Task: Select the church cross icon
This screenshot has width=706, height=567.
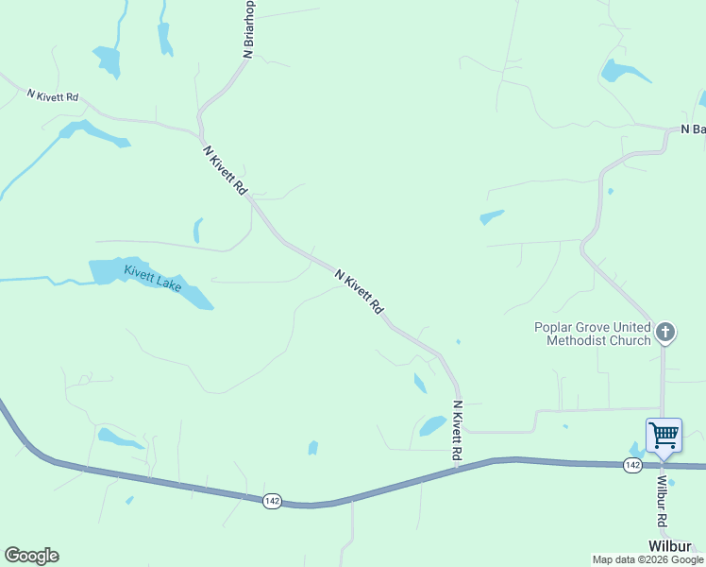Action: click(x=665, y=332)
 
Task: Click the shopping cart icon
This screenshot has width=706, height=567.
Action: click(x=664, y=435)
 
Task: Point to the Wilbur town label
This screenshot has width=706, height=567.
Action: click(x=669, y=546)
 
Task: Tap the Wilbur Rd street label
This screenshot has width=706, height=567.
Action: click(x=662, y=501)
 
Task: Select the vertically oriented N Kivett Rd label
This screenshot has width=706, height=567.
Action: click(x=457, y=431)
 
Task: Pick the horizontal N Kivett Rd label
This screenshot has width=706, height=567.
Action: click(x=53, y=95)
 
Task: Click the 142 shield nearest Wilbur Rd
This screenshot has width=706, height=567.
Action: click(x=632, y=465)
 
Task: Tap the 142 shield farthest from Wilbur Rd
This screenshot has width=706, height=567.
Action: click(x=272, y=501)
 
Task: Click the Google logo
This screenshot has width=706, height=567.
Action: click(x=31, y=556)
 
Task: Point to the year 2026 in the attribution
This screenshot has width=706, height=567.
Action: click(x=648, y=559)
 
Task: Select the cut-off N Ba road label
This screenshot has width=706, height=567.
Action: click(x=693, y=129)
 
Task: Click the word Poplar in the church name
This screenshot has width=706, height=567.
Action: click(x=553, y=327)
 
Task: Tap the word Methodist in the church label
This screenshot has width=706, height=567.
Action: click(x=581, y=340)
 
